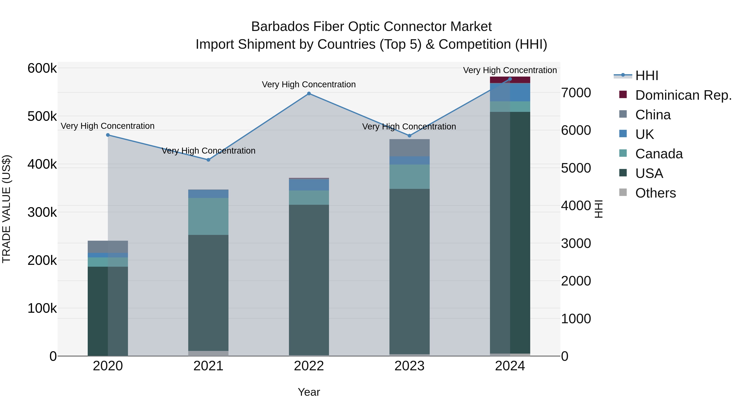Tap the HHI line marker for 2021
(208, 160)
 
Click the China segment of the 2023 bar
(409, 148)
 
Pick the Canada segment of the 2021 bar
(208, 216)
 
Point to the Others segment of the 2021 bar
(208, 353)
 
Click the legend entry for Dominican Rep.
(683, 95)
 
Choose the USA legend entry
(649, 173)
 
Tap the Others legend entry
(655, 193)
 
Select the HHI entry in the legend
(646, 76)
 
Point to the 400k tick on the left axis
(42, 165)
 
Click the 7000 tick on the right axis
(576, 93)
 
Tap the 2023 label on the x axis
(409, 366)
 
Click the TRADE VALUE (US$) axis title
(6, 209)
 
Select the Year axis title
(309, 392)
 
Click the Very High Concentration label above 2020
(108, 126)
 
